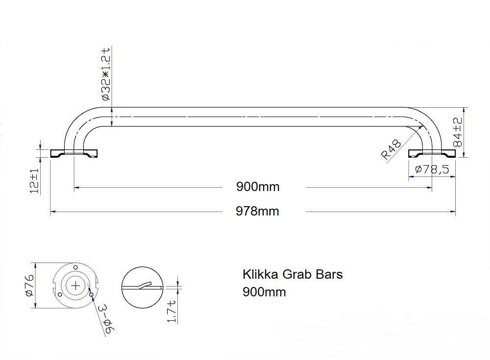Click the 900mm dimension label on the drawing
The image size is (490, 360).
pyautogui.click(x=258, y=187)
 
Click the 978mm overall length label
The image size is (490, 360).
pyautogui.click(x=258, y=211)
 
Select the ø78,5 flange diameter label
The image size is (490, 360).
pyautogui.click(x=432, y=169)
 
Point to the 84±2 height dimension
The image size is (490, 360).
pyautogui.click(x=458, y=132)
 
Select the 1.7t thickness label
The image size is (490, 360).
pyautogui.click(x=171, y=312)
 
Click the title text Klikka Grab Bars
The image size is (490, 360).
pyautogui.click(x=293, y=274)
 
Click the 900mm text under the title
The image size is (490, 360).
pyautogui.click(x=264, y=292)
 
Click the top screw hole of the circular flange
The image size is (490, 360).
pyautogui.click(x=75, y=266)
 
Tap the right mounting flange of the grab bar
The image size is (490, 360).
pyautogui.click(x=432, y=153)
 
